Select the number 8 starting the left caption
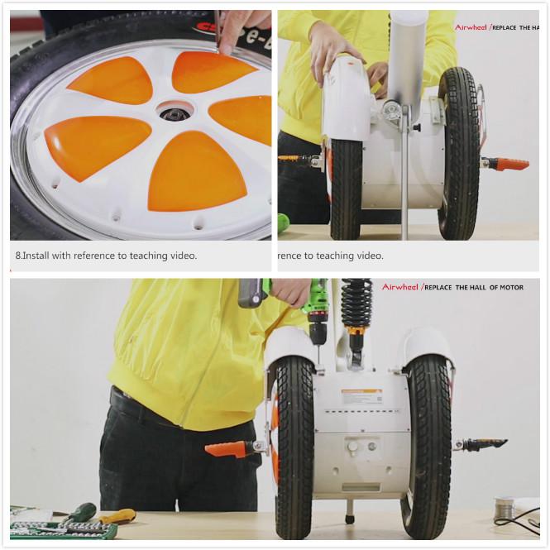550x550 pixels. [x=18, y=256]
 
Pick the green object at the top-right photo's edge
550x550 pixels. [x=283, y=222]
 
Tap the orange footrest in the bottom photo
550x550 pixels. [x=228, y=449]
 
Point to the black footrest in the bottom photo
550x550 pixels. [x=485, y=444]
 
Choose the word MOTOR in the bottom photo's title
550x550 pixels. [x=506, y=287]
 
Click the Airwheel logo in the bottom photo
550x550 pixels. [x=400, y=287]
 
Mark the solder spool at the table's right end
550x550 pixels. [x=504, y=506]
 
